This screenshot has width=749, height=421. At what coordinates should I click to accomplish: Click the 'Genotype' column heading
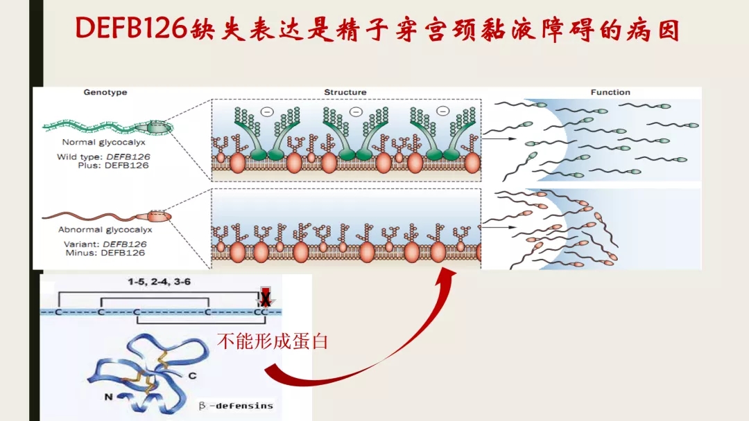coord(105,92)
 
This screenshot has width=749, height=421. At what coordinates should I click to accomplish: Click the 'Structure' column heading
coord(345,92)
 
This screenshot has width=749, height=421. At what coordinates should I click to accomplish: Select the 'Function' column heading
coord(610,92)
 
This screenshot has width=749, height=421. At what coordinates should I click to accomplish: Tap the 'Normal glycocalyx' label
coord(102,142)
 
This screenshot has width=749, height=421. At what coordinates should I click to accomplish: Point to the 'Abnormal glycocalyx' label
coord(105,229)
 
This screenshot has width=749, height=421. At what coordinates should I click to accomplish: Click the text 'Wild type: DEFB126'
coord(103,156)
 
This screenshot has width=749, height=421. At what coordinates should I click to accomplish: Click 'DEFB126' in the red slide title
coord(132,29)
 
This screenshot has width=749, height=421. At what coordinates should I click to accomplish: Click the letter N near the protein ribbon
coord(110,397)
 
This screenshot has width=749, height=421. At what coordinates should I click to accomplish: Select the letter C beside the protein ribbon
coord(192,375)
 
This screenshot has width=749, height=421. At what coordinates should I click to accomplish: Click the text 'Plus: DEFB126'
coord(114,165)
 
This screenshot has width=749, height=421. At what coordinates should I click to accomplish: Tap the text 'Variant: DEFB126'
coord(103,244)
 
